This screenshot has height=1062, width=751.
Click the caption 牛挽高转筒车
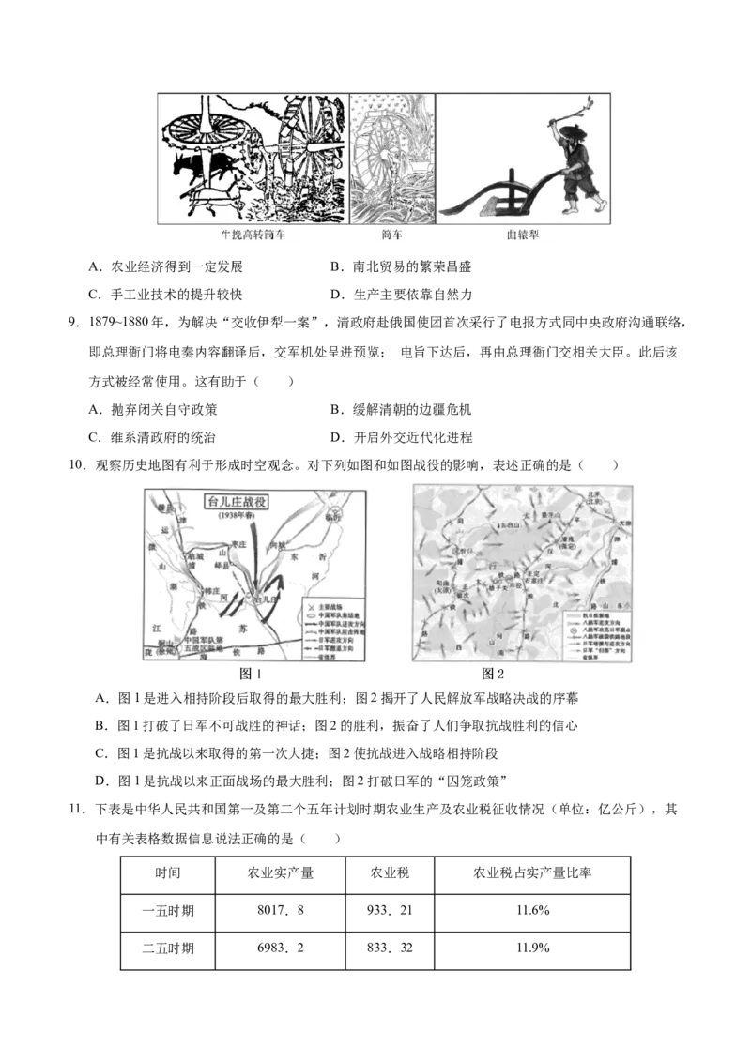pyautogui.click(x=249, y=235)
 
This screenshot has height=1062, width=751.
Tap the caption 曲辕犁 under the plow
pyautogui.click(x=522, y=235)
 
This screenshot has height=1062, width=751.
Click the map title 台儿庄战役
pyautogui.click(x=230, y=501)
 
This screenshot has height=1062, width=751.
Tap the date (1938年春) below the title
pyautogui.click(x=230, y=515)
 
